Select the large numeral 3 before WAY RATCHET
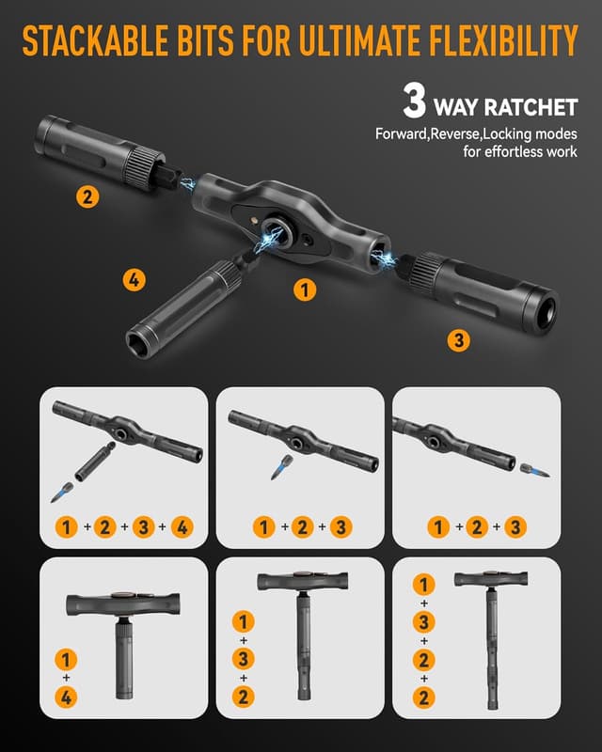point(415,101)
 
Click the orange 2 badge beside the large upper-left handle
point(87,196)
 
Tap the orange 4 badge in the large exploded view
point(135,279)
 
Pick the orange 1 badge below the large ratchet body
point(304,290)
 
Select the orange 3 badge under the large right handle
point(458,341)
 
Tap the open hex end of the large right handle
point(544,307)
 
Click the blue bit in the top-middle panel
point(279,467)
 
